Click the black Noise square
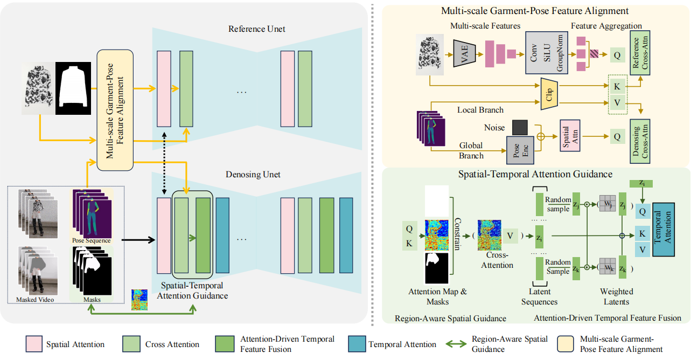click(520, 127)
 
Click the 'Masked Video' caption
click(34, 300)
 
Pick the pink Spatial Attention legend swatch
click(33, 344)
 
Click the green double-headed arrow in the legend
click(457, 344)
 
